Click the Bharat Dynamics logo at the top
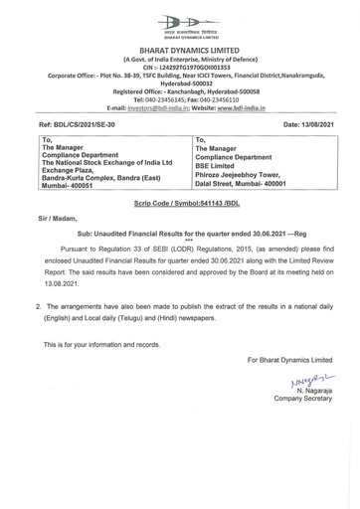[180, 21]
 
